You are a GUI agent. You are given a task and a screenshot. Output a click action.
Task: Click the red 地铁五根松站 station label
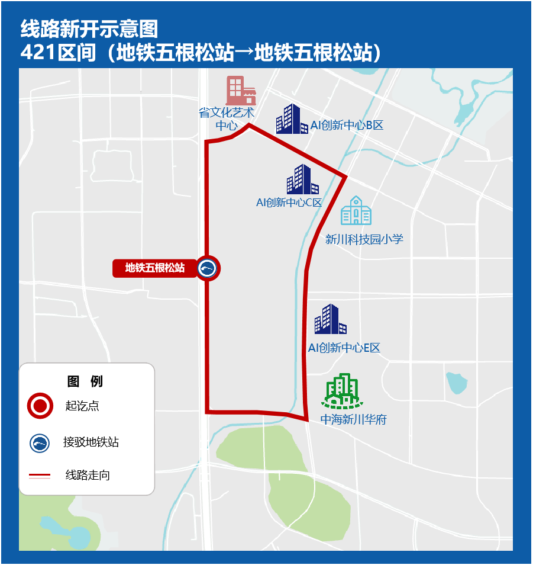(x=155, y=268)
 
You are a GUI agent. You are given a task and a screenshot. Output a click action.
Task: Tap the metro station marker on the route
(x=208, y=268)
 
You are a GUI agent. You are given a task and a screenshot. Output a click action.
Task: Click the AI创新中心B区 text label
(x=347, y=126)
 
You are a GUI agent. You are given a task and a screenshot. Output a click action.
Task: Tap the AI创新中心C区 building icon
(x=302, y=179)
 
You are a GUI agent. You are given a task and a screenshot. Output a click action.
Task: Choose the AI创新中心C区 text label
(x=289, y=203)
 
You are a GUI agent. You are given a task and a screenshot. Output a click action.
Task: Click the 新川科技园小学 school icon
(x=356, y=211)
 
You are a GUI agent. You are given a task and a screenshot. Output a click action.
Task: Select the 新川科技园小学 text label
(x=364, y=239)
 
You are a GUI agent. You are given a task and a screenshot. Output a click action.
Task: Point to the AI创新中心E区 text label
(x=344, y=348)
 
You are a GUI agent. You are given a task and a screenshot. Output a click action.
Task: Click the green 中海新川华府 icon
(x=343, y=391)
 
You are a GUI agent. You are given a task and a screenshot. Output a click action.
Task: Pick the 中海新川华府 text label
(x=353, y=420)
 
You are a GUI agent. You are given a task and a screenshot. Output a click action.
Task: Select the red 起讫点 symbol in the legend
(x=40, y=406)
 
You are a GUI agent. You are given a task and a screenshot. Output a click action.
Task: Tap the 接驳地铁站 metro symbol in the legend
(x=40, y=442)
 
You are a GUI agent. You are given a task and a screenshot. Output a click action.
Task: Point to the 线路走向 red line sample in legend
(x=40, y=475)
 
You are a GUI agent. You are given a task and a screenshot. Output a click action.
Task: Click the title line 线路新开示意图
(x=89, y=28)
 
